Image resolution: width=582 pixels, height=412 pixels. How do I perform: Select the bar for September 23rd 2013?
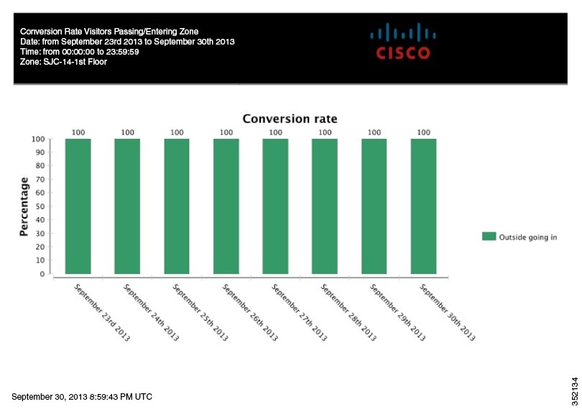point(78,206)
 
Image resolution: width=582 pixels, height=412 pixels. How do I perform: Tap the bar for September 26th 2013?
point(226,206)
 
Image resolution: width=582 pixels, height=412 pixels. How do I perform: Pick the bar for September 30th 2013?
point(423,206)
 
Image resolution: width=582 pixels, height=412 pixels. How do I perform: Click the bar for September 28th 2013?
point(325,206)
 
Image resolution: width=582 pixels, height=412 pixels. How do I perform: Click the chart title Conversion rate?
point(290,119)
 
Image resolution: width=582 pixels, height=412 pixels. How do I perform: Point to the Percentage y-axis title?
point(24,206)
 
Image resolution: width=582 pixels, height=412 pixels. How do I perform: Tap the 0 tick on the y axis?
point(43,274)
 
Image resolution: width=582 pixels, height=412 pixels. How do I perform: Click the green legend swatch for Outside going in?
point(489,236)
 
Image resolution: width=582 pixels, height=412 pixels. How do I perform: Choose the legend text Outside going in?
point(528,236)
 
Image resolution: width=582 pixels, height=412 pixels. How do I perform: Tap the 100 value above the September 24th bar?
point(127,132)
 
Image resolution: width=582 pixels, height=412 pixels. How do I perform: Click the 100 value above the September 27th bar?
point(275,132)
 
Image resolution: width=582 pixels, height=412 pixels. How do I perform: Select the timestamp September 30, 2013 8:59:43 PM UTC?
point(82,397)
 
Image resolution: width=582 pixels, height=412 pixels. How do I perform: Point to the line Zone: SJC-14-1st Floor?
point(63,62)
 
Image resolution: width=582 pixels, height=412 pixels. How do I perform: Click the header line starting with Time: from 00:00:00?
point(79,52)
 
